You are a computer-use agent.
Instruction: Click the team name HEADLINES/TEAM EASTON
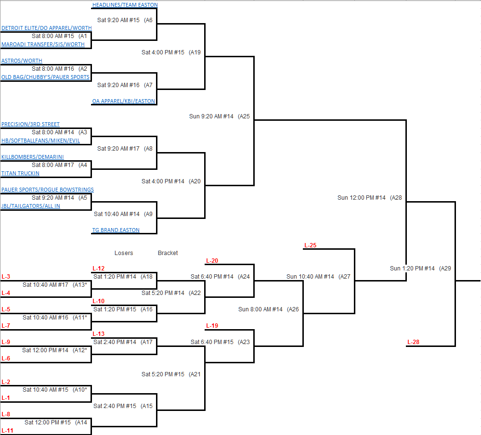pyautogui.click(x=125, y=5)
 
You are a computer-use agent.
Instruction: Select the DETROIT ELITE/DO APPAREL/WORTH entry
pyautogui.click(x=46, y=28)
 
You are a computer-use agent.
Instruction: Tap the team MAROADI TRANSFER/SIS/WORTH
pyautogui.click(x=43, y=44)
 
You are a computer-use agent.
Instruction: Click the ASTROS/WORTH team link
pyautogui.click(x=22, y=61)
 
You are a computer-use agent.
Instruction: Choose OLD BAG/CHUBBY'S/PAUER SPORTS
pyautogui.click(x=45, y=77)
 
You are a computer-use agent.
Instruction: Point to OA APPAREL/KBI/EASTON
pyautogui.click(x=124, y=102)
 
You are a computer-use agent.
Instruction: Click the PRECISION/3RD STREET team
pyautogui.click(x=30, y=124)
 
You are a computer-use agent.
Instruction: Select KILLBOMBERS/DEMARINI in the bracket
pyautogui.click(x=32, y=157)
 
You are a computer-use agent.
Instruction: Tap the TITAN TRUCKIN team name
pyautogui.click(x=20, y=173)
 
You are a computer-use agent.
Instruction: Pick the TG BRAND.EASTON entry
pyautogui.click(x=116, y=230)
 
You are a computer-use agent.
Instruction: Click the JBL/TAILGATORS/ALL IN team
pyautogui.click(x=31, y=206)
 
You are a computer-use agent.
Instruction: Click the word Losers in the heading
pyautogui.click(x=124, y=253)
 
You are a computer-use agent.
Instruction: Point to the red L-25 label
pyautogui.click(x=310, y=245)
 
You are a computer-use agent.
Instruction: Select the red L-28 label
pyautogui.click(x=413, y=342)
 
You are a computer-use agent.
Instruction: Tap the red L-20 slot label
pyautogui.click(x=212, y=261)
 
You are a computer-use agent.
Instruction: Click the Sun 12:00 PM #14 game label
pyautogui.click(x=362, y=198)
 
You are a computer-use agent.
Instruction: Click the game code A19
pyautogui.click(x=195, y=52)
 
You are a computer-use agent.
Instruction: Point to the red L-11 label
pyautogui.click(x=7, y=431)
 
